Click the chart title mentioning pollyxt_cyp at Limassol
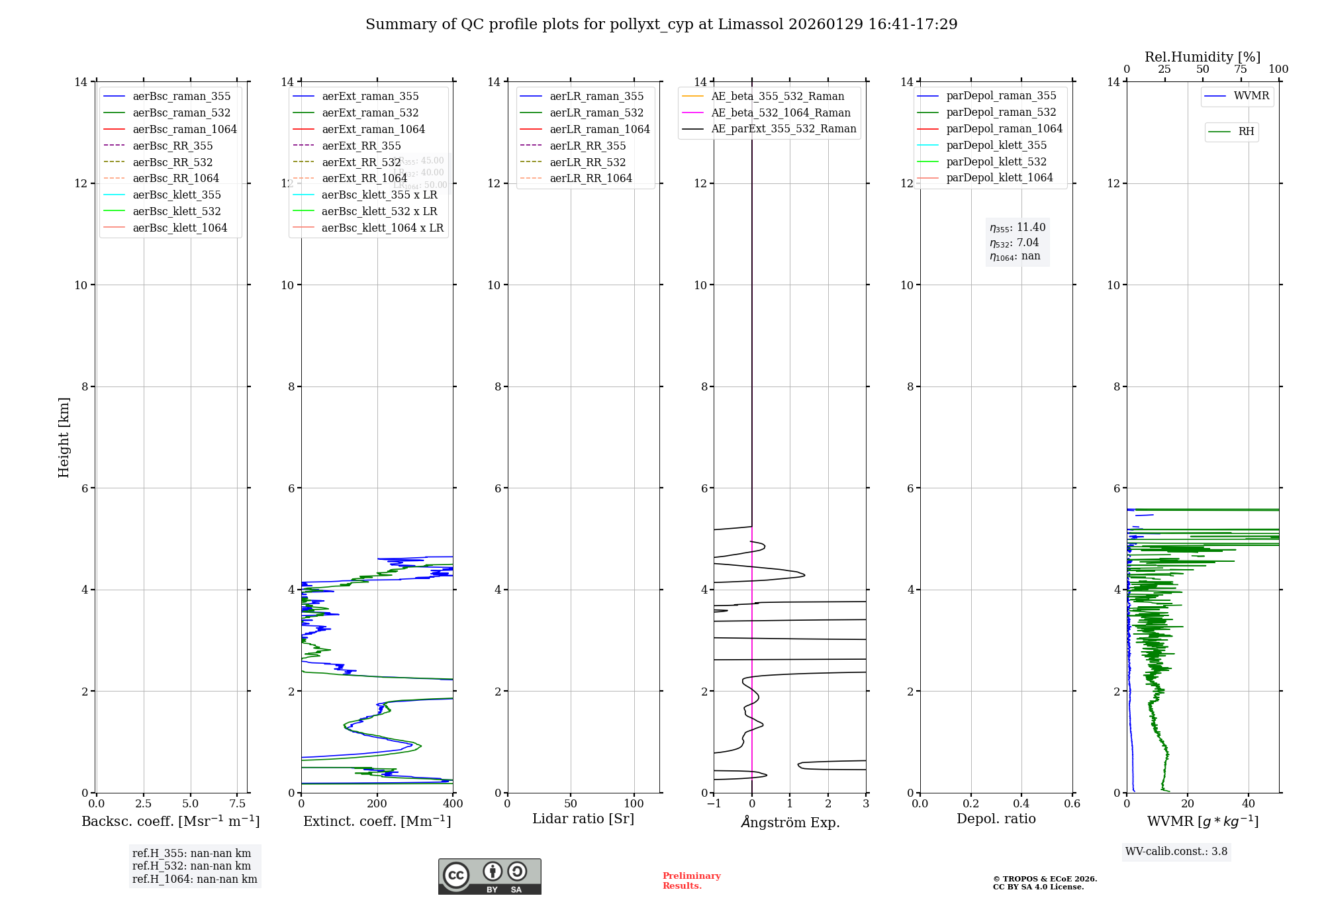[661, 24]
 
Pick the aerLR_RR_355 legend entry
[587, 146]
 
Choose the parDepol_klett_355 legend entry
[996, 145]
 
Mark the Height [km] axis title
[64, 437]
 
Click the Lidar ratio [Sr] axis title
[583, 819]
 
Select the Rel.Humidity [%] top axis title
[1202, 57]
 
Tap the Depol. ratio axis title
[996, 819]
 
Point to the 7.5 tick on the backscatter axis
[238, 803]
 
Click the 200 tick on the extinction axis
[377, 803]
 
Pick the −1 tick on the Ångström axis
[714, 803]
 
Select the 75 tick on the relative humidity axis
[1241, 69]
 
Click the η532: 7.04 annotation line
[1014, 243]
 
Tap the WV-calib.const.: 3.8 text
[1176, 852]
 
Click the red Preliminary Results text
[691, 881]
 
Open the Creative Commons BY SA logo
[489, 876]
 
